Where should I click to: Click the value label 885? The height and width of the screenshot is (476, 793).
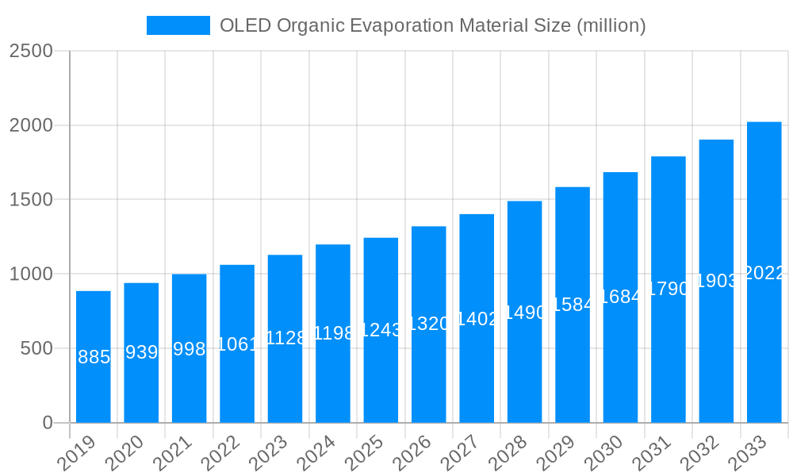tap(94, 358)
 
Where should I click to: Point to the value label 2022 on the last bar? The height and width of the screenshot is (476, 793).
tap(764, 273)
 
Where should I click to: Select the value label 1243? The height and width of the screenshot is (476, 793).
tap(381, 331)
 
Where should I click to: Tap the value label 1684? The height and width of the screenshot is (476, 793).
tap(620, 297)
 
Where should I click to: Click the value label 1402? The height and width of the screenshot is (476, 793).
tap(477, 319)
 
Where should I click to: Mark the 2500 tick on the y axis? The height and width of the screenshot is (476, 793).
tap(31, 52)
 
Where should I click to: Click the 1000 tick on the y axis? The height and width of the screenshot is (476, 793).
tap(31, 274)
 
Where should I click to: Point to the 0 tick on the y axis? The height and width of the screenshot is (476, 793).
tap(48, 423)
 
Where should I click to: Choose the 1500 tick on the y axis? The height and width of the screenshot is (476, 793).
tap(31, 200)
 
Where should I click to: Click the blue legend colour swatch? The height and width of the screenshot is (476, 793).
tap(178, 25)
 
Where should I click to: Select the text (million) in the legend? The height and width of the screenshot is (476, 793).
tap(611, 25)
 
